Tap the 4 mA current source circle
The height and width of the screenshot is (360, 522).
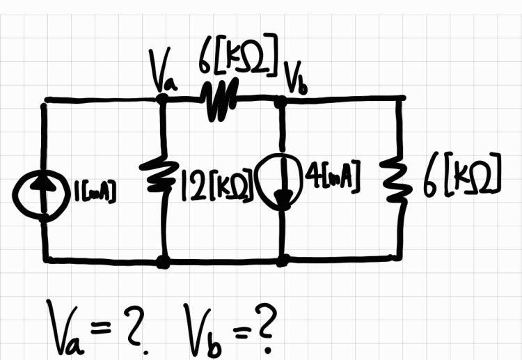click(281, 183)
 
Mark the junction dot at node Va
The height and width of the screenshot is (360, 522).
click(162, 99)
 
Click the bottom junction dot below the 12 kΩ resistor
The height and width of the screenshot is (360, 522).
click(163, 262)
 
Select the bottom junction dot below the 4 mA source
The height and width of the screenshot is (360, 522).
click(283, 260)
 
